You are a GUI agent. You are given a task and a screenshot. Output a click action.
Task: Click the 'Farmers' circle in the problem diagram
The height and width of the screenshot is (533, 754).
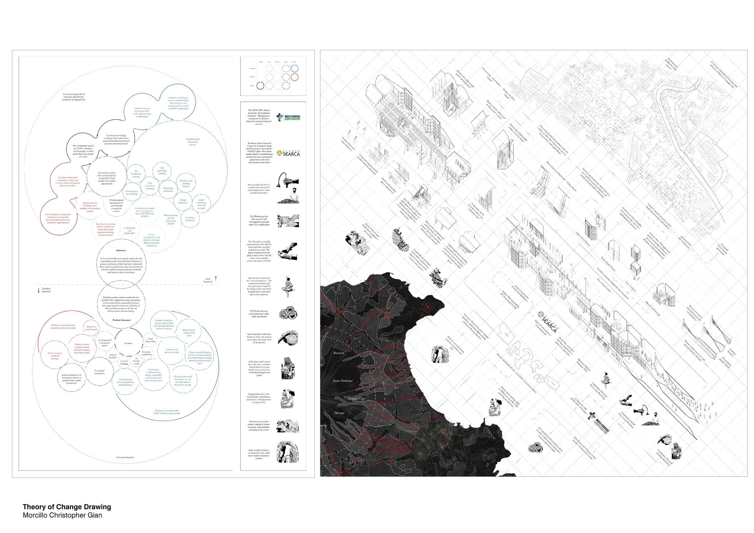click(x=128, y=343)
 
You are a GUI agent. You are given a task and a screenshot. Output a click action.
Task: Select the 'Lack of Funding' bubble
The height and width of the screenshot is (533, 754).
click(x=124, y=362)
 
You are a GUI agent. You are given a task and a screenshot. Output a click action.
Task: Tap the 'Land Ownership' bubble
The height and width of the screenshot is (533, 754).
click(x=150, y=340)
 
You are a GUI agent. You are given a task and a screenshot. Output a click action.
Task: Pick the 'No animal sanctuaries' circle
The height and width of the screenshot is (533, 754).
click(x=99, y=372)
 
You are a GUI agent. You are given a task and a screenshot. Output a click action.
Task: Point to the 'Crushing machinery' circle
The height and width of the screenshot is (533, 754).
click(x=190, y=219)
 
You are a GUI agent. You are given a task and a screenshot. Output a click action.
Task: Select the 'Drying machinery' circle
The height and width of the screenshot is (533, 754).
click(x=183, y=201)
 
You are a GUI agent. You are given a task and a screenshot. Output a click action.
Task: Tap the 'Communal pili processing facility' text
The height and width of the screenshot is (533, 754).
click(x=193, y=141)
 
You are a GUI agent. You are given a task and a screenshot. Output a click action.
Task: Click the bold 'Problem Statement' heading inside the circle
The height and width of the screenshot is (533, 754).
click(x=121, y=320)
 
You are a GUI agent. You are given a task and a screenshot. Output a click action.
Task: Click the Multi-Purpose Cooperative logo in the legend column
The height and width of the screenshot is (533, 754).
click(x=288, y=118)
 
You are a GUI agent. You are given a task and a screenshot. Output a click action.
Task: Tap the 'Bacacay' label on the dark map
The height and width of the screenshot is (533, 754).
click(x=339, y=353)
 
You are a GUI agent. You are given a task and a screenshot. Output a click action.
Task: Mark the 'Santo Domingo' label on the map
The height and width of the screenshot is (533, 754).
click(x=343, y=381)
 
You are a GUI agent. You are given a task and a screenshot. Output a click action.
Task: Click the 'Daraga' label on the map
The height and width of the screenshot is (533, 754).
click(x=339, y=413)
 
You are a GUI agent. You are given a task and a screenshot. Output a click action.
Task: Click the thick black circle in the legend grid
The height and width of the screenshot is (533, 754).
click(x=260, y=86)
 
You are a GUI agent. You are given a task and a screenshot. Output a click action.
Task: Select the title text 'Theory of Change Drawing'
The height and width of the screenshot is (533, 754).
click(x=67, y=507)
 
